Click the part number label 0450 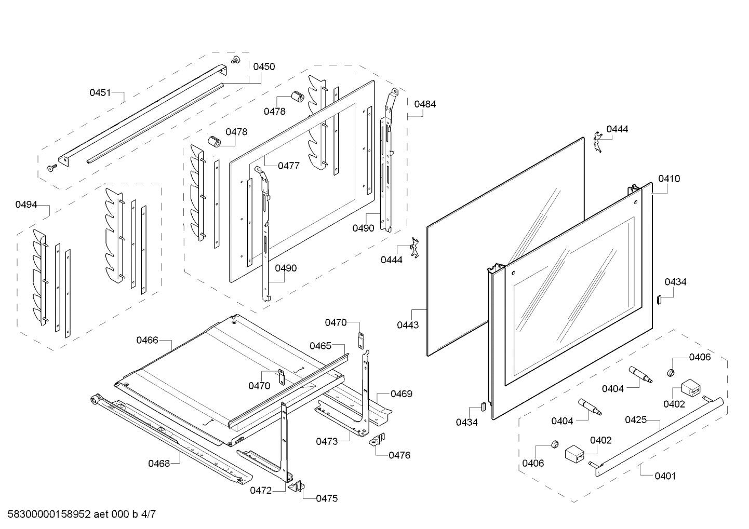click(264, 66)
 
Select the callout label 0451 click(100, 92)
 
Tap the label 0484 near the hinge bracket click(425, 104)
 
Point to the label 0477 click(288, 166)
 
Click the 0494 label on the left click(26, 205)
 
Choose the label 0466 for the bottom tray click(147, 340)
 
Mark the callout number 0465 click(320, 346)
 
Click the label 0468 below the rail click(159, 463)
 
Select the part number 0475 click(327, 498)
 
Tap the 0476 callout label click(399, 455)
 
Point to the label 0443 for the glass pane click(408, 325)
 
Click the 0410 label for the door click(668, 179)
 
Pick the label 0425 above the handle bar click(636, 419)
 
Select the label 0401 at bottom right click(665, 476)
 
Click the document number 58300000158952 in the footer click(47, 514)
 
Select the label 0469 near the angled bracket click(401, 394)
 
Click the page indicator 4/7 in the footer click(148, 514)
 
